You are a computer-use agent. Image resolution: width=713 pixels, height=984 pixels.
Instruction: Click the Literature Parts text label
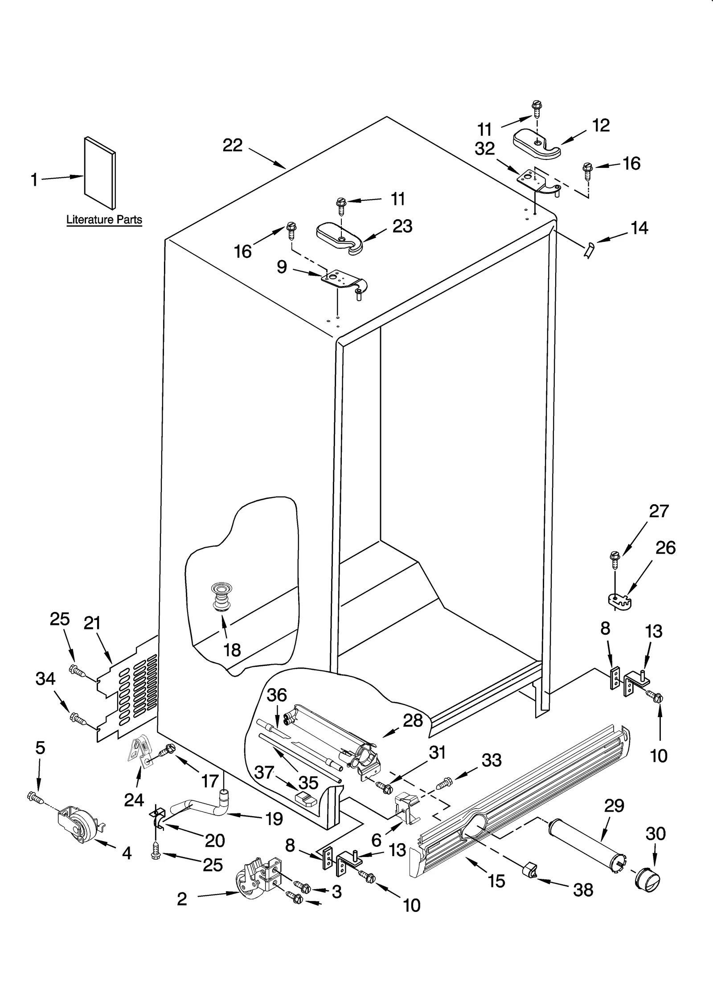click(104, 220)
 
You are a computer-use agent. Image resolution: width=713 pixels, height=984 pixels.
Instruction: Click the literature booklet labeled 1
click(100, 173)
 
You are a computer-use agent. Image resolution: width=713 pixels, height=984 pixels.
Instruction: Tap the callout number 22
click(233, 145)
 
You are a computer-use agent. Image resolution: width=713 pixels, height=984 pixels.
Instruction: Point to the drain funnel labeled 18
click(218, 596)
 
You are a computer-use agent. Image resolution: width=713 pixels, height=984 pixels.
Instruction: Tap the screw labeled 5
click(35, 796)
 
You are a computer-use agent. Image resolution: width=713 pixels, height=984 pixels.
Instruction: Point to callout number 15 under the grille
click(496, 881)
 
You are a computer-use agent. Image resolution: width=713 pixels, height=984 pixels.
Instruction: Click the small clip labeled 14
click(589, 251)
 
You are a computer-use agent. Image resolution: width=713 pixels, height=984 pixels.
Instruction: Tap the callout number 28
click(413, 720)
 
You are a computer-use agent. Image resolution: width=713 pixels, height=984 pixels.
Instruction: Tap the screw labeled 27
click(615, 561)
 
